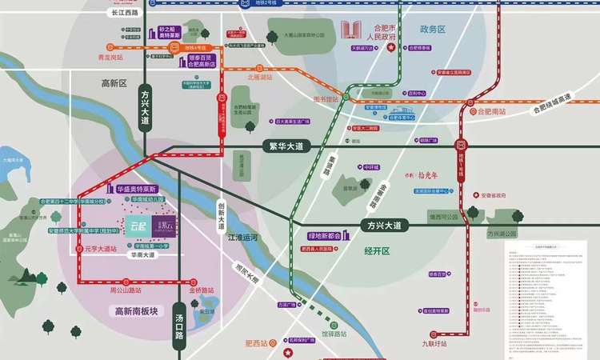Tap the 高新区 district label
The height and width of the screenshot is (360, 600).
[114, 84]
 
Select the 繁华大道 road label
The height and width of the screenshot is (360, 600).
[283, 146]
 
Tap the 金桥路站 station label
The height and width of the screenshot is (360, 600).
[202, 290]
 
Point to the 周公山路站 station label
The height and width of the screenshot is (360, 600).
[126, 290]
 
